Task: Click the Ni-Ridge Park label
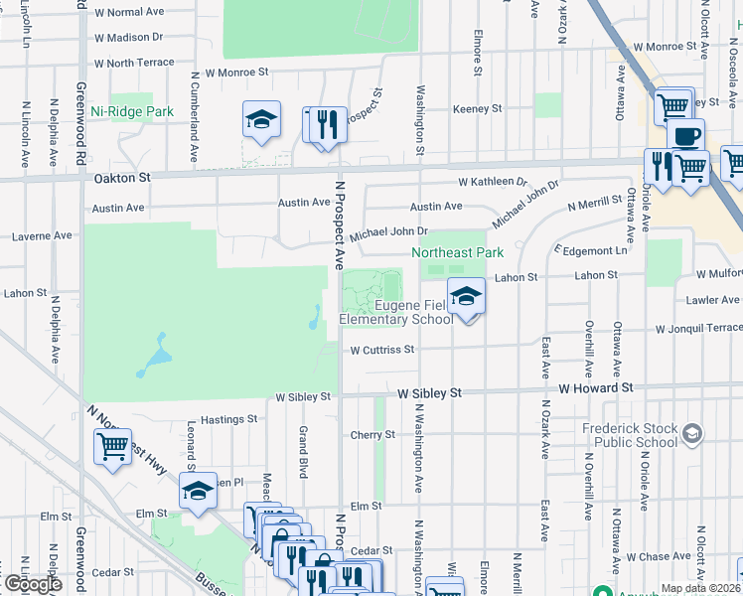[x=132, y=112]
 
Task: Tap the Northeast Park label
[x=458, y=253]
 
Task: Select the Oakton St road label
[x=122, y=178]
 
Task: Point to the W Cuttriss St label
[x=381, y=350]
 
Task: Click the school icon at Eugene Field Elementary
[x=465, y=295]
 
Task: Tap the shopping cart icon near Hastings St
[x=112, y=445]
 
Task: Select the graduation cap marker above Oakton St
[x=261, y=119]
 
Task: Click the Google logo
[x=32, y=584]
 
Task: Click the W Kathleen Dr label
[x=492, y=182]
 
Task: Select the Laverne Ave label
[x=41, y=236]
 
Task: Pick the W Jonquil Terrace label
[x=698, y=328]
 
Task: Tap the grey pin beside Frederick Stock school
[x=692, y=433]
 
